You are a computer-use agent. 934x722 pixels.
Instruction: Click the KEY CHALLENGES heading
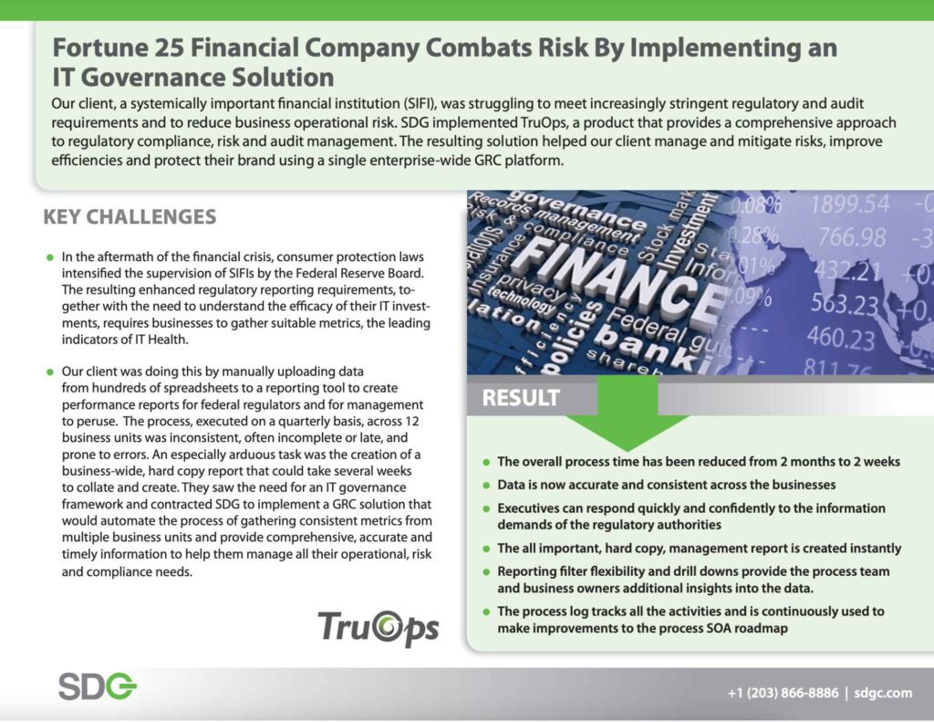(x=130, y=217)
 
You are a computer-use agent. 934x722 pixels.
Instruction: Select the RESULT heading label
(x=521, y=398)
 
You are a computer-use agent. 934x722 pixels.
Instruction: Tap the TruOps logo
(x=378, y=626)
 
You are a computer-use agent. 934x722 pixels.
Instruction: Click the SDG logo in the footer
(x=97, y=686)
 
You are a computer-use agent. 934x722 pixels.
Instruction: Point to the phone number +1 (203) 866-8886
(x=783, y=693)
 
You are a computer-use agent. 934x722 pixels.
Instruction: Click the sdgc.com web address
(x=884, y=693)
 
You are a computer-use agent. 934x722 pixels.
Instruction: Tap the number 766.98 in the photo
(x=851, y=236)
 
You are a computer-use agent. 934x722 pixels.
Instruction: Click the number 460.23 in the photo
(x=840, y=338)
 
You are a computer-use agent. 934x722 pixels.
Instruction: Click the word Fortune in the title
(x=99, y=47)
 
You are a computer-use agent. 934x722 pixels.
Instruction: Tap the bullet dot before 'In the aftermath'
(x=50, y=259)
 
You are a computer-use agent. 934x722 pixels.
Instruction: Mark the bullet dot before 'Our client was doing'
(x=50, y=373)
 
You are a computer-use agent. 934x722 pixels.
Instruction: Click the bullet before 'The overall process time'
(x=487, y=463)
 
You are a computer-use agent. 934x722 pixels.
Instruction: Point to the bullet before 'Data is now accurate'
(x=487, y=485)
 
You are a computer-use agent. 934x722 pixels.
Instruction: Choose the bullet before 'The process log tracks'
(x=487, y=612)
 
